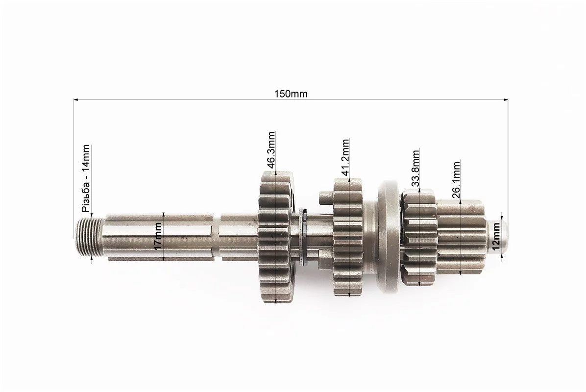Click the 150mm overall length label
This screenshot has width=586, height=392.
291,94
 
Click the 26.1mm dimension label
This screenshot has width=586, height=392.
456,179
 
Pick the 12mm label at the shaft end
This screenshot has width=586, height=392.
496,236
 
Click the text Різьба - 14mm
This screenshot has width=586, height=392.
86,179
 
